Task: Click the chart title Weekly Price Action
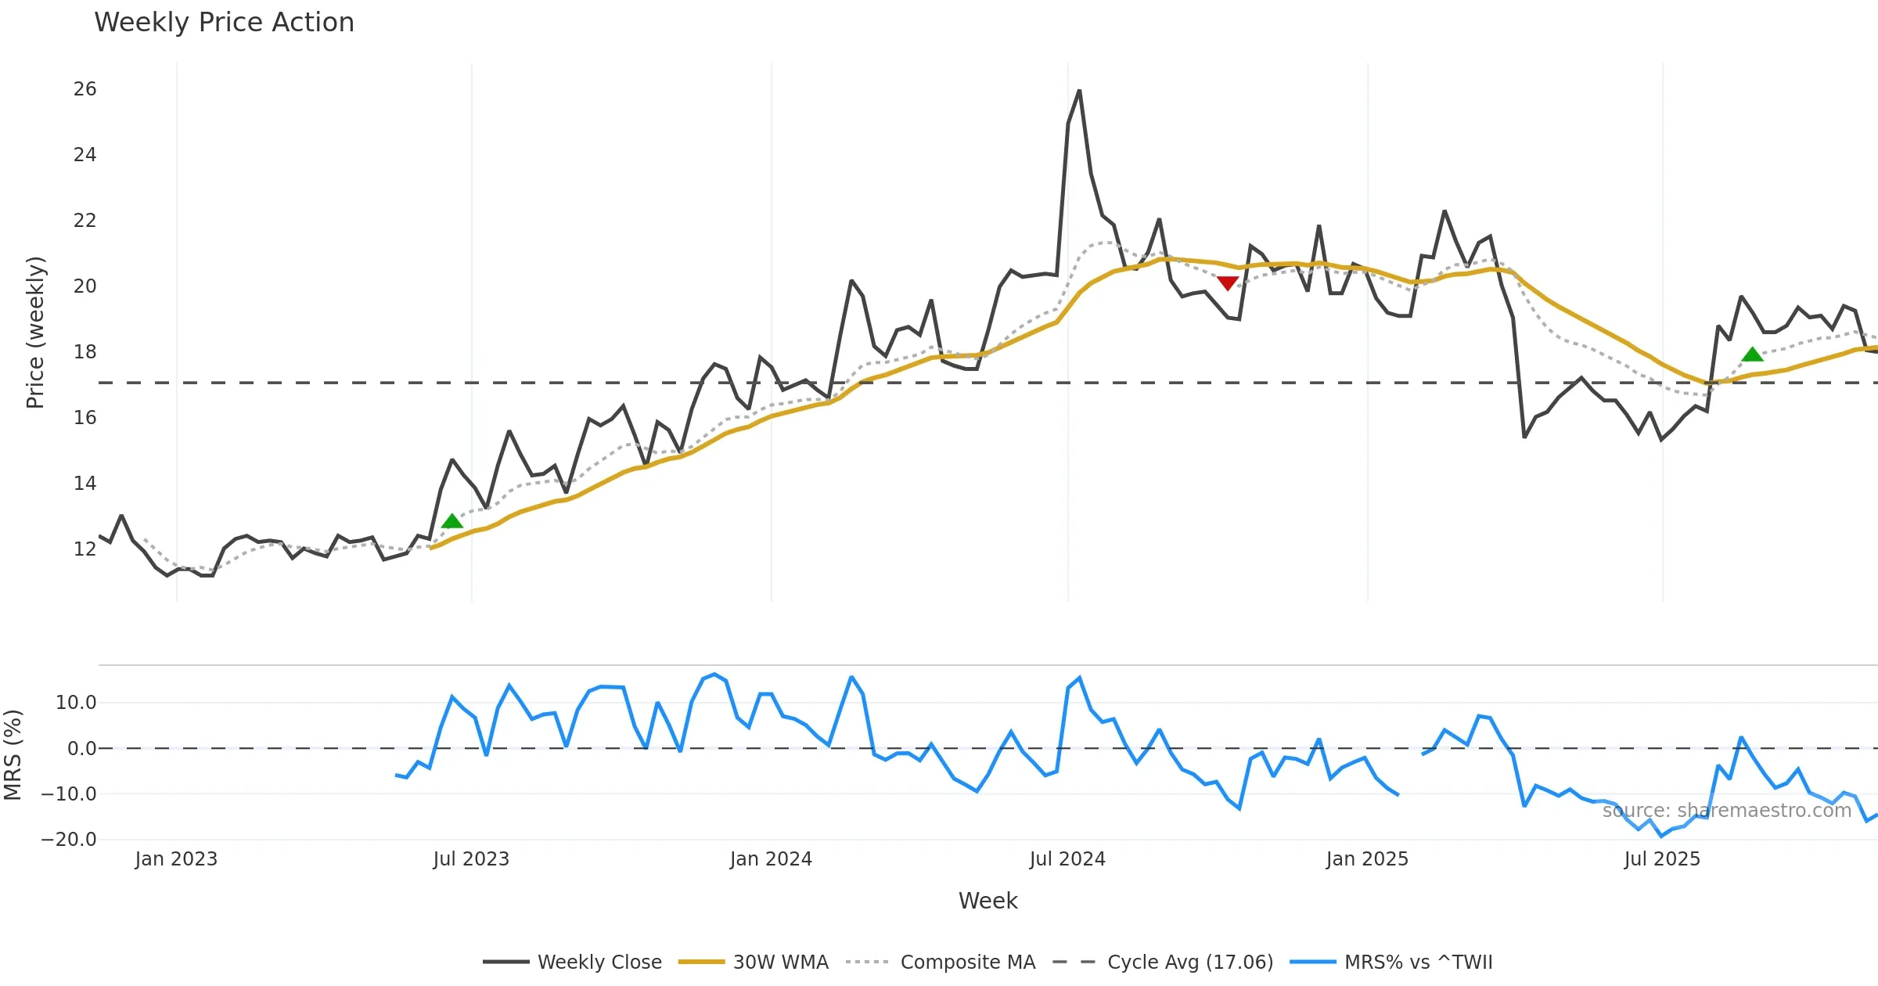pos(224,23)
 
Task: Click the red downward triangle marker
pos(1228,282)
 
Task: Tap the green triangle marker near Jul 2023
pos(452,521)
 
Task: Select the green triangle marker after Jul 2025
pos(1753,354)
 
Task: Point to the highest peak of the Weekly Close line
pos(1079,91)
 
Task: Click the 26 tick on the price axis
pos(85,89)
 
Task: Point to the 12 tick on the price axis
pos(85,549)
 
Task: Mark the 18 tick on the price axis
pos(85,352)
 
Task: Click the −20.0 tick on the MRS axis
pos(69,840)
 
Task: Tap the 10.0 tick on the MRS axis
pos(76,703)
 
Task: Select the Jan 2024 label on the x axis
pos(771,859)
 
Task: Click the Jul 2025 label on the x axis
pos(1662,859)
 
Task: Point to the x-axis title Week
pos(988,901)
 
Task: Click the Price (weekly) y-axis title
pos(35,333)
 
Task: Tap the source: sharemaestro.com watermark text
pos(1726,811)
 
